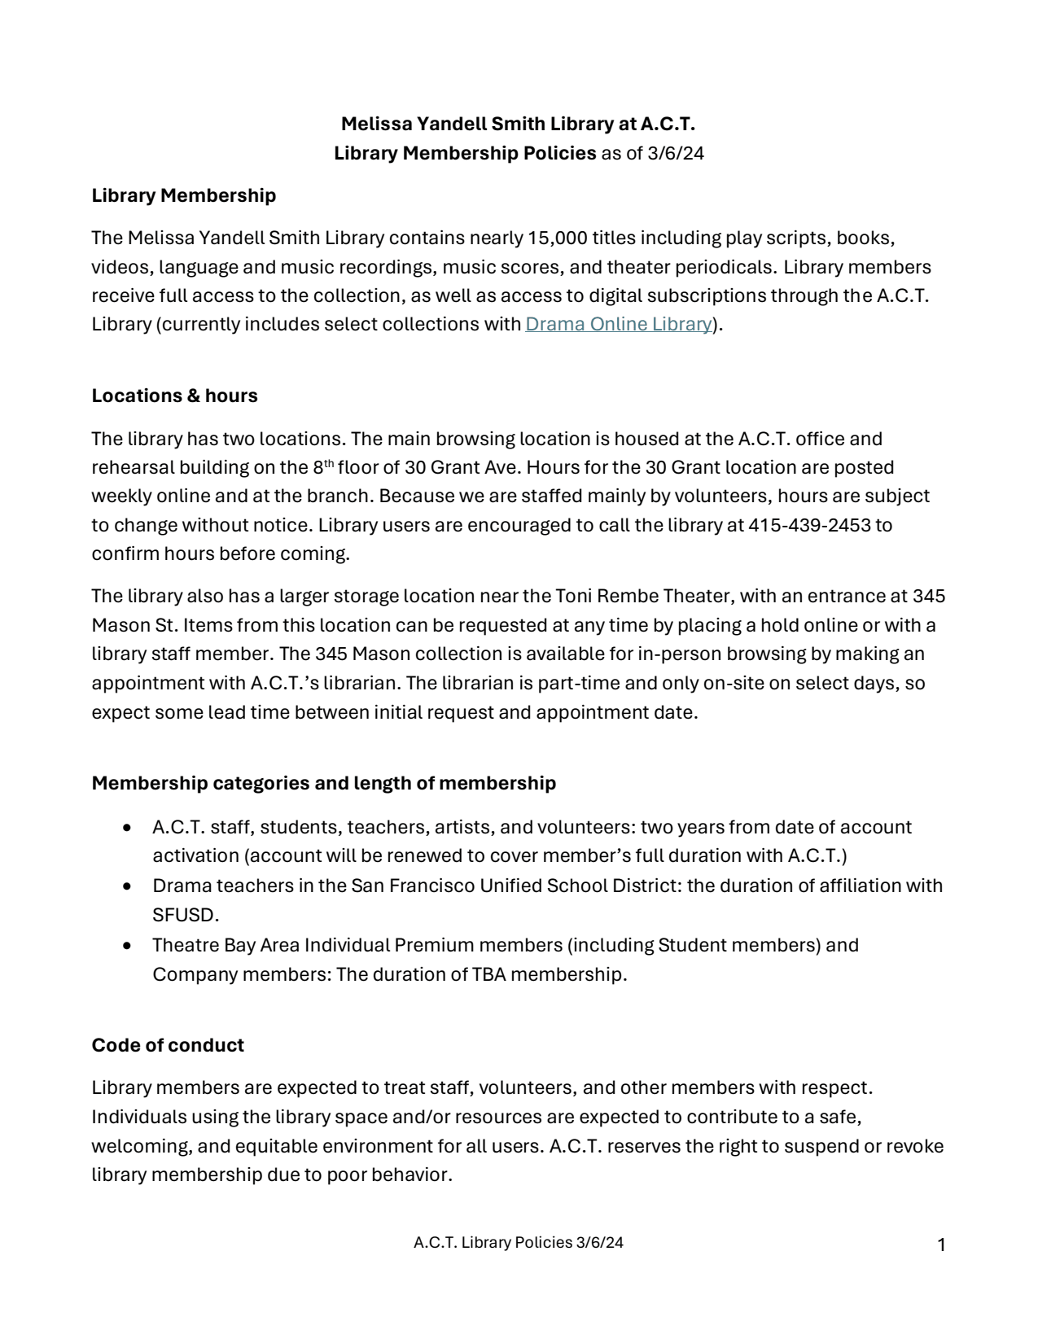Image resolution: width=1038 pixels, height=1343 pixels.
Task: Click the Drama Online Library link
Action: (x=619, y=324)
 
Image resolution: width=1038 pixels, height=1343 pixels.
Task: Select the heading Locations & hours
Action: (x=174, y=396)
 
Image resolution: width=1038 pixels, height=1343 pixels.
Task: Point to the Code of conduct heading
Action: (x=168, y=1045)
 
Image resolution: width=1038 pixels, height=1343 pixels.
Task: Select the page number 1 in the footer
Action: (x=941, y=1245)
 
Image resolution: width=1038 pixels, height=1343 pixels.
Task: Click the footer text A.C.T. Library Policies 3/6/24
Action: (x=519, y=1243)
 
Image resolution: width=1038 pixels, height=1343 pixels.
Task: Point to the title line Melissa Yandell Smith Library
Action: (x=518, y=124)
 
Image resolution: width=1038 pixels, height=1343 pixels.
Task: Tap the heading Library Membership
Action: (x=184, y=195)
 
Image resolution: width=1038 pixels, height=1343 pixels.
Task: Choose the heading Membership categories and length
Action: (x=323, y=783)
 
